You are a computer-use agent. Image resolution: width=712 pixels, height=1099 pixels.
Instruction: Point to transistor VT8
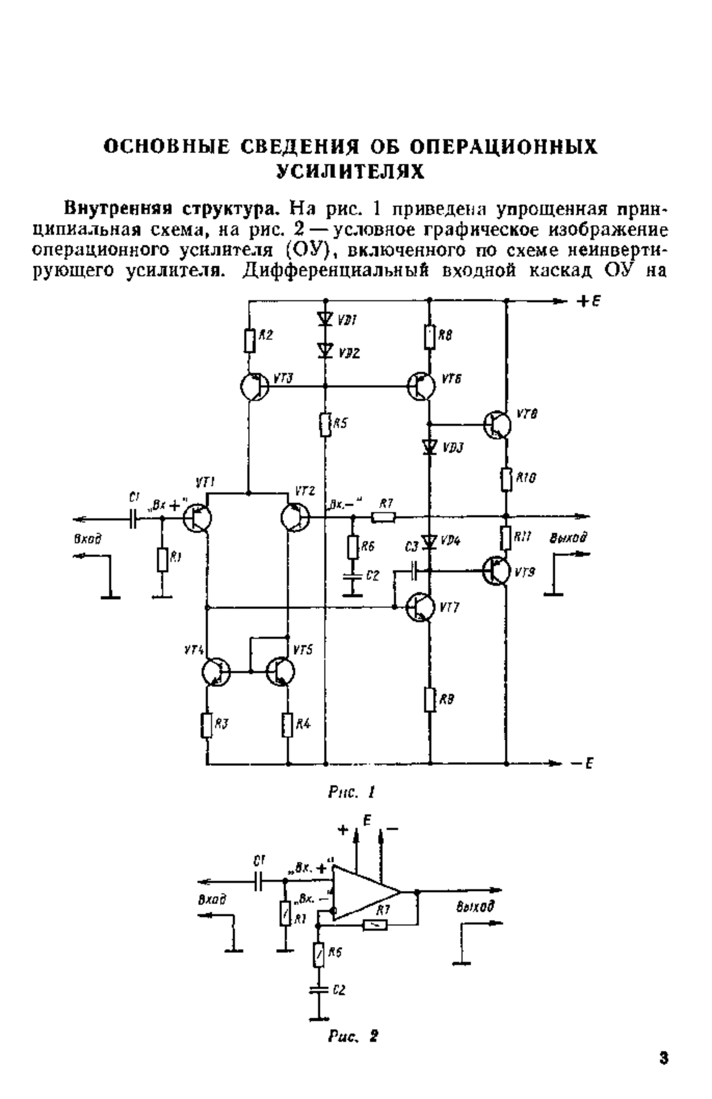click(497, 423)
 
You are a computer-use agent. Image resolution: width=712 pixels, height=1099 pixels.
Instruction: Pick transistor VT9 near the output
click(497, 571)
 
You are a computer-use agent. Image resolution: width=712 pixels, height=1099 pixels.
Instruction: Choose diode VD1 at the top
click(325, 319)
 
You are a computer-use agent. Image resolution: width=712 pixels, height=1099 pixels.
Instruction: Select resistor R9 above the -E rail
click(430, 699)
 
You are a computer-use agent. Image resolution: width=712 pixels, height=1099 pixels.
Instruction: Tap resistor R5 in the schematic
click(325, 424)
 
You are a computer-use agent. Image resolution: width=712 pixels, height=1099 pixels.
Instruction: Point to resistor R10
click(506, 479)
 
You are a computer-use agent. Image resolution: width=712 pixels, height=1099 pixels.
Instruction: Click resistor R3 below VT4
click(207, 725)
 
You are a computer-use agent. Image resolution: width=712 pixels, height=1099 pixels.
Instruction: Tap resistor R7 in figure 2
click(374, 924)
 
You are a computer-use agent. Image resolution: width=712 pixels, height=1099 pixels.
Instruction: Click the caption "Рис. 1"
click(352, 792)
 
